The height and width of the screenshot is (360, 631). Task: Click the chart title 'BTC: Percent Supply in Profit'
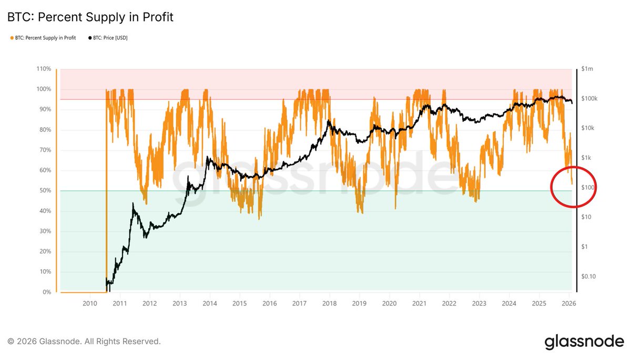pyautogui.click(x=90, y=17)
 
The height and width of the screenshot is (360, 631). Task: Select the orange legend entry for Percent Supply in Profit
pyautogui.click(x=42, y=38)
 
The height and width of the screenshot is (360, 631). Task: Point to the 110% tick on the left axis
pyautogui.click(x=44, y=69)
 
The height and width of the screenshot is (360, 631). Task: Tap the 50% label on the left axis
pyautogui.click(x=45, y=191)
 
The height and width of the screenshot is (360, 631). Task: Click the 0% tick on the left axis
pyautogui.click(x=46, y=292)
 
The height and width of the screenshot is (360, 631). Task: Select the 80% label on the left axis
pyautogui.click(x=45, y=130)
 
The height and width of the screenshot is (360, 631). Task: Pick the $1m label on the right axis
pyautogui.click(x=587, y=69)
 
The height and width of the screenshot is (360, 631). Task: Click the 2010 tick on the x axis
pyautogui.click(x=89, y=304)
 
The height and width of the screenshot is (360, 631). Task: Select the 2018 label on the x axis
pyautogui.click(x=329, y=304)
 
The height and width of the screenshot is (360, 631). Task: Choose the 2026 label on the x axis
pyautogui.click(x=568, y=304)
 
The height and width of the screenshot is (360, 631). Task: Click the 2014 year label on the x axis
pyautogui.click(x=209, y=304)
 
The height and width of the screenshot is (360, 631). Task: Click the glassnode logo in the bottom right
pyautogui.click(x=584, y=341)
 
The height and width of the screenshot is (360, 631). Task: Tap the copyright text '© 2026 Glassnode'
pyautogui.click(x=84, y=342)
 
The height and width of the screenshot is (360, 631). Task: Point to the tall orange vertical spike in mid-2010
pyautogui.click(x=107, y=189)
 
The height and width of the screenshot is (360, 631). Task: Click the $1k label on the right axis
pyautogui.click(x=586, y=158)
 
